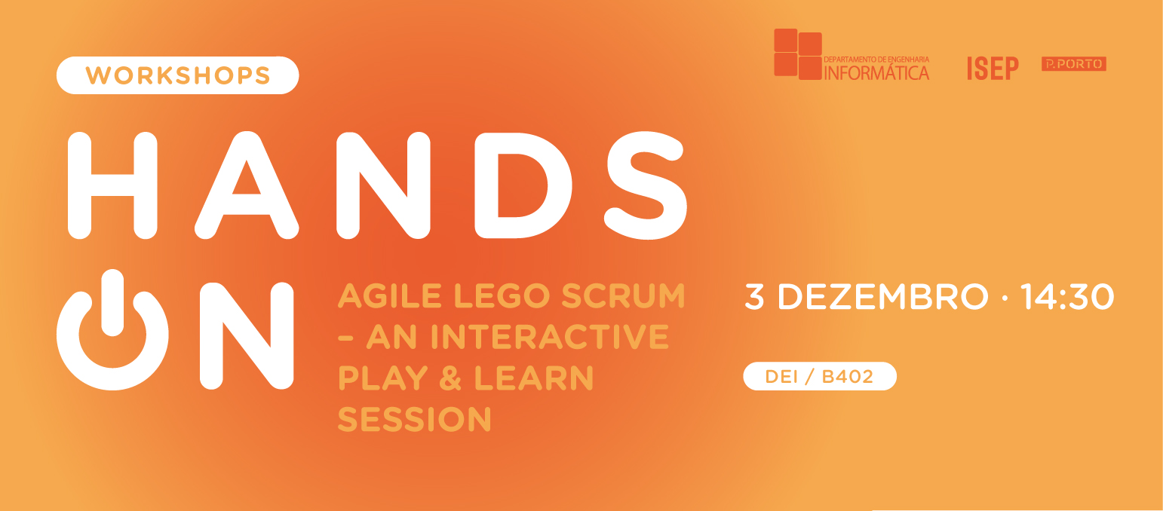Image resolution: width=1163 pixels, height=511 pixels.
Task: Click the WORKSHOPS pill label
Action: [178, 75]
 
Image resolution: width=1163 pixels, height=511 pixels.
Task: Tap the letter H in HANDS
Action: [112, 185]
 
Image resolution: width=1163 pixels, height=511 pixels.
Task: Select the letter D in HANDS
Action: [522, 185]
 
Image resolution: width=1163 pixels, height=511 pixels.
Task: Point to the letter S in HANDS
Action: [647, 185]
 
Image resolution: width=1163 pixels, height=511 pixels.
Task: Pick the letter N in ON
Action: [246, 335]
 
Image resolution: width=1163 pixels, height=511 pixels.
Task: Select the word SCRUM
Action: [623, 296]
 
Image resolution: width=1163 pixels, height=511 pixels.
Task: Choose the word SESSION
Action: [414, 418]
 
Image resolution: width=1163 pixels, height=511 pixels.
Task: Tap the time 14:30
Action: [1066, 297]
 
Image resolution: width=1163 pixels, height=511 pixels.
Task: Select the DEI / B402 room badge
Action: [820, 376]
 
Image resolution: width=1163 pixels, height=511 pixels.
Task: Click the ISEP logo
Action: [993, 68]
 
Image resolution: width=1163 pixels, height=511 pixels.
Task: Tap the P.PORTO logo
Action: [1073, 64]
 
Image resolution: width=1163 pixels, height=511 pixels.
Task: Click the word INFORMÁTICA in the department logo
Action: [876, 73]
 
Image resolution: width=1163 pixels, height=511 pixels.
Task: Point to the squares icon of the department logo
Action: [797, 54]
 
